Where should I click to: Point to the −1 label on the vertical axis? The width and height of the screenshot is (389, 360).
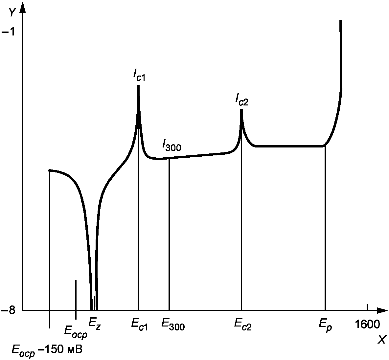(8, 32)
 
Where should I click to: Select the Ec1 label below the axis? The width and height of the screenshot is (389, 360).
(140, 325)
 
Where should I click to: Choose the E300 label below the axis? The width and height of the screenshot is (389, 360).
(173, 325)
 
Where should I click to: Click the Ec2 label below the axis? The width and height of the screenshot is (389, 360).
(243, 325)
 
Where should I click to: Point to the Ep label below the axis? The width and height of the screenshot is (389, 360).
(326, 325)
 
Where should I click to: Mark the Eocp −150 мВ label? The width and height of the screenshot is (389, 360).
(47, 350)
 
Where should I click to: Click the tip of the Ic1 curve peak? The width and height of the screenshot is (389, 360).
(138, 85)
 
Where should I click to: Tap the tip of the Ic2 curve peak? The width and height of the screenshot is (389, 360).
(241, 109)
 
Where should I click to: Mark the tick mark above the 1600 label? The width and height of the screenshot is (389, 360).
(367, 307)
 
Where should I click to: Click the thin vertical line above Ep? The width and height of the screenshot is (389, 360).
(325, 228)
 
